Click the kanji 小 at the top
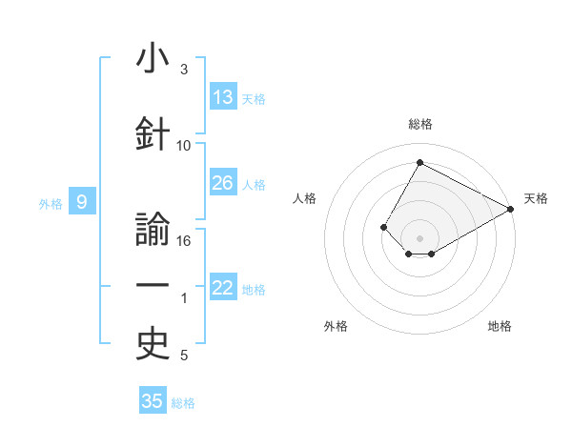[x=153, y=57]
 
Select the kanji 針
[x=153, y=133]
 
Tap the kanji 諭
[x=153, y=229]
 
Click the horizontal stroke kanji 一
[x=153, y=285]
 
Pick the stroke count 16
[x=183, y=241]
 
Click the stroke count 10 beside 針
[x=183, y=146]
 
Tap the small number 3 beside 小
[x=184, y=70]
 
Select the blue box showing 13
[x=223, y=96]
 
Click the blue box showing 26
[x=223, y=182]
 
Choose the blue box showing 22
[x=223, y=286]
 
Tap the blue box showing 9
[x=82, y=201]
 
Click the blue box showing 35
[x=153, y=399]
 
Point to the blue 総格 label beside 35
[x=183, y=403]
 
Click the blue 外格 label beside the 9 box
[x=51, y=204]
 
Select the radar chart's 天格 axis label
[x=536, y=198]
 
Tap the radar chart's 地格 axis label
[x=500, y=326]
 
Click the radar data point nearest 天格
[x=511, y=209]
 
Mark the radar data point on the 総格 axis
[x=419, y=162]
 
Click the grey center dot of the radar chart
[x=419, y=238]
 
